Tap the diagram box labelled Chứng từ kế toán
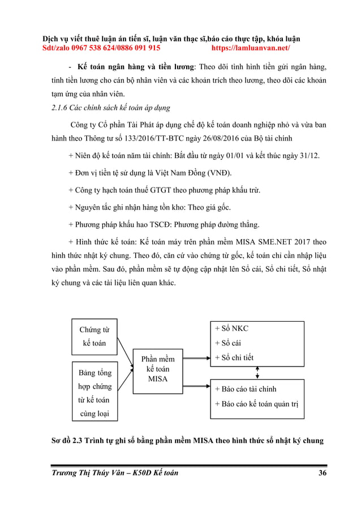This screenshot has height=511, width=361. (94, 336)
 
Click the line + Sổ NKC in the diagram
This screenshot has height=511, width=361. (232, 328)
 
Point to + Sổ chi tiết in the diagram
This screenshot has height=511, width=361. (234, 357)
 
